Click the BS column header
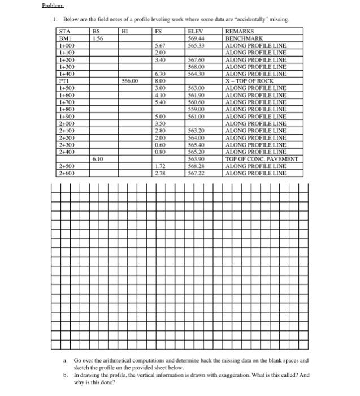(x=96, y=32)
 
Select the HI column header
(x=127, y=32)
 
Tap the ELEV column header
(x=196, y=32)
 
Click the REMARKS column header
(x=240, y=32)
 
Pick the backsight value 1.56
(x=97, y=38)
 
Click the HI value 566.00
(x=131, y=81)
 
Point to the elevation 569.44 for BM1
(x=196, y=38)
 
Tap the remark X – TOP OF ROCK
(x=249, y=81)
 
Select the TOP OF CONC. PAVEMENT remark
(x=261, y=159)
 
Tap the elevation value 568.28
(x=196, y=166)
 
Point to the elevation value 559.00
(x=196, y=109)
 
